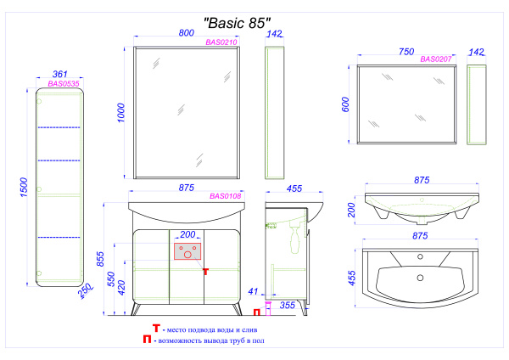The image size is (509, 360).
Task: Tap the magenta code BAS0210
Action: (221, 42)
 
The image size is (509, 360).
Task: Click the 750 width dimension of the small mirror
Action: (408, 51)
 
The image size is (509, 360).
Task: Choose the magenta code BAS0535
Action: (63, 84)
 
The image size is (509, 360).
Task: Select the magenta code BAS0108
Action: (226, 196)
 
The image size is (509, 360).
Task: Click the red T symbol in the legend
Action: (156, 329)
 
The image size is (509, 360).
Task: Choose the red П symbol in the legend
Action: (148, 341)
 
